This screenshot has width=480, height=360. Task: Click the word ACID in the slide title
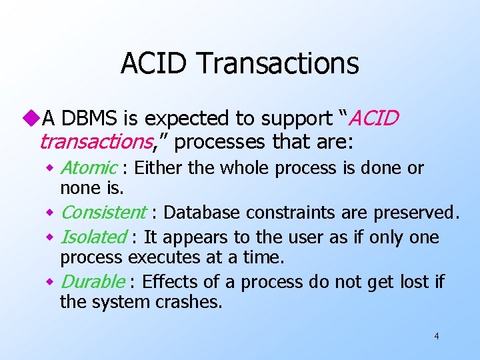point(156,64)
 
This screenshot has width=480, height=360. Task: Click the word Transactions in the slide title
point(279,64)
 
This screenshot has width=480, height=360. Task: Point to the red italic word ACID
point(374,119)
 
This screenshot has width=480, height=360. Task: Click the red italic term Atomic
point(89,168)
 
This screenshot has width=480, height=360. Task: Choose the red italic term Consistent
point(103,213)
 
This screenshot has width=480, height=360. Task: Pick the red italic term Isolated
point(93,237)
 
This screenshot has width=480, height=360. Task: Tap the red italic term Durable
point(92,282)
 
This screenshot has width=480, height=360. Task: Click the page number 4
point(436,336)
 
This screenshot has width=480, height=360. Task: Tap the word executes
point(159,257)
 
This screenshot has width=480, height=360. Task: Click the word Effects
point(167,282)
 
